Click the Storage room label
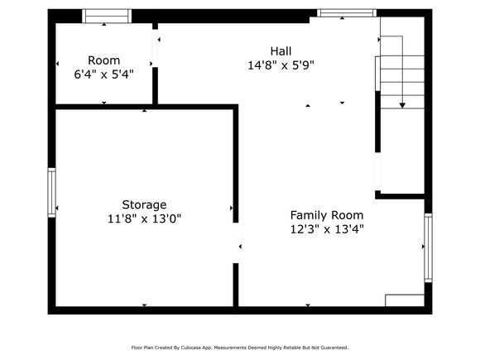point(144,204)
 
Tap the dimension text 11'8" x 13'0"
point(144,218)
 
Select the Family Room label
point(327,215)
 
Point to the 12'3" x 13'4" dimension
point(327,229)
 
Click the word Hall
point(281,51)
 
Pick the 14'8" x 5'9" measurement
point(281,65)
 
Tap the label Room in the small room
point(103,60)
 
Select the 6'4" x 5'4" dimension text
point(103,74)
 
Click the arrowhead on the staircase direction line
point(402,106)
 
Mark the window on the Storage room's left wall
point(52,193)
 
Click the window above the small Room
point(107,16)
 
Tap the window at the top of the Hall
point(347,13)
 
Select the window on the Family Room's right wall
point(428,247)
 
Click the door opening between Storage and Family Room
point(236,242)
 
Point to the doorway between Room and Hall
point(156,48)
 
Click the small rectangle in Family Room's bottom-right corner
point(405,300)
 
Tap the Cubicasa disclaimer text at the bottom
point(240,348)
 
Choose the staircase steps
point(402,82)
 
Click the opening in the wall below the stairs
point(377,171)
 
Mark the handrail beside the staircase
point(377,74)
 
